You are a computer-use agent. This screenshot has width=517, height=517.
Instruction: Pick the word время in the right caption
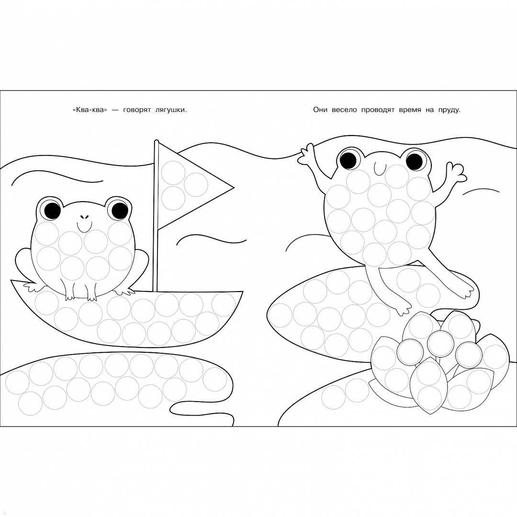[410, 110]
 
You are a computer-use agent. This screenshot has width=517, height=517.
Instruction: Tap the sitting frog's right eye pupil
[119, 211]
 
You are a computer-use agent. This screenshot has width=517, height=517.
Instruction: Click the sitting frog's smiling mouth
[84, 227]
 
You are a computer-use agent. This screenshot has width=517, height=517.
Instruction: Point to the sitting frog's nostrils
[84, 217]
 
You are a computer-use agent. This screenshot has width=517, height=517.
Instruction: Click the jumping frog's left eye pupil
[349, 159]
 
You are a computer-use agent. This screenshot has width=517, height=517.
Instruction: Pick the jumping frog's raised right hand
[457, 172]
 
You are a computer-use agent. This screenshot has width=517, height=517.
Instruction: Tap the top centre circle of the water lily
[439, 343]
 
